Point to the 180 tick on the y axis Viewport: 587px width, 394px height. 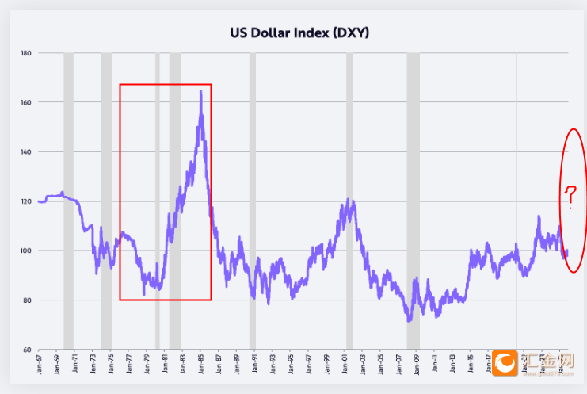coord(25,53)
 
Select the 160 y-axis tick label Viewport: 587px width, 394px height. coord(25,102)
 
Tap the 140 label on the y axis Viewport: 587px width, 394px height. coord(25,151)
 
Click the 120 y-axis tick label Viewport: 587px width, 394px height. coord(25,201)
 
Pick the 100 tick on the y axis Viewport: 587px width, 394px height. coord(25,251)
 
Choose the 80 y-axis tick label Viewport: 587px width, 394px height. coord(26,300)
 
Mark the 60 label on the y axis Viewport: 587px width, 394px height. coord(26,350)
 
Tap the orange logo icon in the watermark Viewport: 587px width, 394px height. coord(505,365)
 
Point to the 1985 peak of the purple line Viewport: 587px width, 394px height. coord(200,91)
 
